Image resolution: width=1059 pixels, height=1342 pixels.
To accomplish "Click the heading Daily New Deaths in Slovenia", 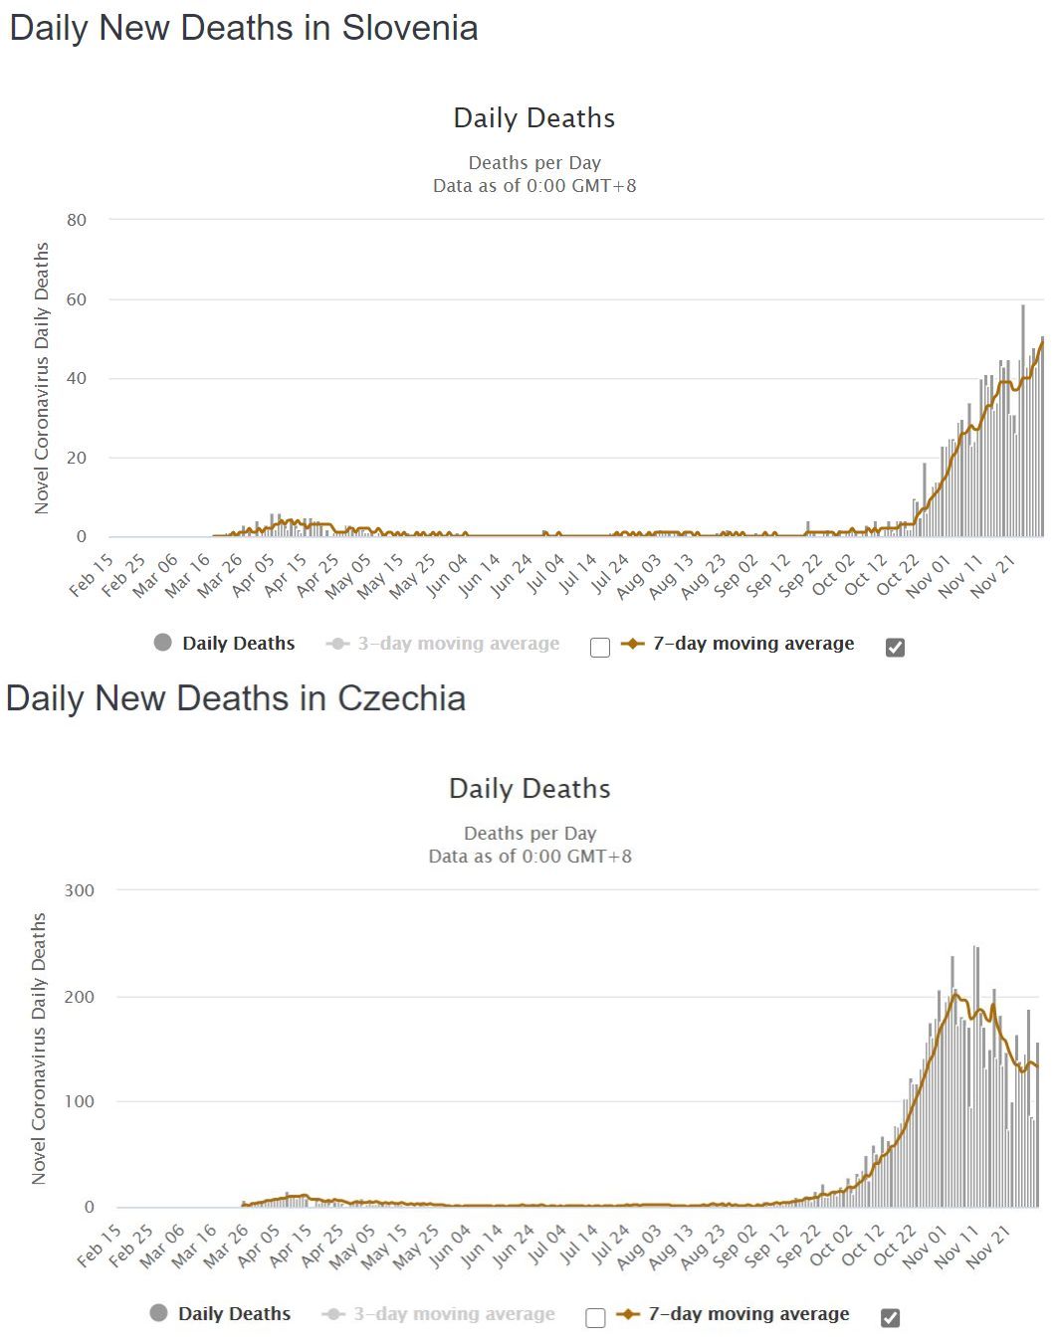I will (x=244, y=28).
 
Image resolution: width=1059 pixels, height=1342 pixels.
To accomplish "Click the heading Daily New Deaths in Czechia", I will (x=236, y=698).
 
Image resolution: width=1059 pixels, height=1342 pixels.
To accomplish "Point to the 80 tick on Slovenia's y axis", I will (x=77, y=220).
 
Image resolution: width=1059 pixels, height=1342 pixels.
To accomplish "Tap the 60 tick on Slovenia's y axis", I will (x=77, y=299).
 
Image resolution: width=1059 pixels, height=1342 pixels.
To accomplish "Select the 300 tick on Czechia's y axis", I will (x=80, y=890).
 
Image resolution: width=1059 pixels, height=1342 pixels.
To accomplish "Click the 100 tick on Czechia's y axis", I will (x=80, y=1101).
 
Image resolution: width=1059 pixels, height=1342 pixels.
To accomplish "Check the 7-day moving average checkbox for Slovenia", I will (x=895, y=648).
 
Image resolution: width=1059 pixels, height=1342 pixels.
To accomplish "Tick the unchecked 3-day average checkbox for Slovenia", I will (x=600, y=648).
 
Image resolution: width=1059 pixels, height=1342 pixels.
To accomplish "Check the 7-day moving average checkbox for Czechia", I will (x=891, y=1318).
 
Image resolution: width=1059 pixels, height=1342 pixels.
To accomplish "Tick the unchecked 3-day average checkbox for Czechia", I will (x=596, y=1318).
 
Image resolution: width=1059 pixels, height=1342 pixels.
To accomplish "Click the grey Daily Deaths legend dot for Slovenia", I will (x=163, y=643).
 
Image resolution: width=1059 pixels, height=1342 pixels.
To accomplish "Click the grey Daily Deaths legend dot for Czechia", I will (x=159, y=1313).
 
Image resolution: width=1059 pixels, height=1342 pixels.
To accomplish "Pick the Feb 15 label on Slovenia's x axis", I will (x=92, y=576).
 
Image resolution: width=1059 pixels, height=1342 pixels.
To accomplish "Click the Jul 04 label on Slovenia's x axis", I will (x=544, y=575).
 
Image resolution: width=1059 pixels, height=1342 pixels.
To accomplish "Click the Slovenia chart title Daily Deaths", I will (x=534, y=118).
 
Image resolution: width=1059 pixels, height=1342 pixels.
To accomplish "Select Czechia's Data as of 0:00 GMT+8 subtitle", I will (x=529, y=857).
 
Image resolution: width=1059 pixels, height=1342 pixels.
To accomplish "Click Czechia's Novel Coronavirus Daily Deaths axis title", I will (x=40, y=1049).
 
